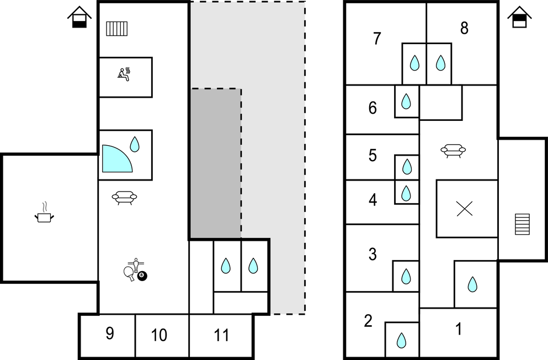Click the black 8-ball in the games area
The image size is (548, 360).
tap(143, 275)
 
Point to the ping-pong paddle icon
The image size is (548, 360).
tap(130, 273)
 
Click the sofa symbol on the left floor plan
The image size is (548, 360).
tap(124, 197)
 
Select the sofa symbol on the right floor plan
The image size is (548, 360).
tap(453, 150)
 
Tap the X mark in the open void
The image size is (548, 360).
tap(465, 208)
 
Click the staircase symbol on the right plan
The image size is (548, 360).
tap(522, 224)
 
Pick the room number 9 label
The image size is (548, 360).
tap(109, 334)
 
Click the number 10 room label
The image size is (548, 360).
tap(159, 335)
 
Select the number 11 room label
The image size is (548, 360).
tap(221, 335)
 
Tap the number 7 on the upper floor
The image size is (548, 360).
tap(377, 39)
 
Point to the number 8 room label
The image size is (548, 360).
tap(464, 29)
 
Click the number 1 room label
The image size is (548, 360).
tap(458, 329)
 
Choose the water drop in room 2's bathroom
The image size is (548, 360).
tap(401, 339)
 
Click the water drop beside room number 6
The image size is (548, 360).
tap(406, 101)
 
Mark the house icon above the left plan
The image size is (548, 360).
tap(79, 18)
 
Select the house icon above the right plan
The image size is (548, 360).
tap(519, 18)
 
